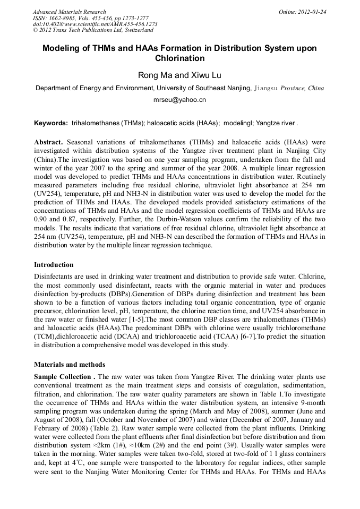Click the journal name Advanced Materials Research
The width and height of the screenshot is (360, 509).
69,12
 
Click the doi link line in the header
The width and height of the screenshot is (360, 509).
95,24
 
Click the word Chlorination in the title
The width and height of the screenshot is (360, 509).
179,58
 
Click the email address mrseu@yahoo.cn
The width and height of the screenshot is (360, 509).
179,99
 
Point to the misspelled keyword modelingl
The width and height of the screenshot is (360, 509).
237,123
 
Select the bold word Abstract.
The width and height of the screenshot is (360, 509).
49,143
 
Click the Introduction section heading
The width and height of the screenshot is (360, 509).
54,264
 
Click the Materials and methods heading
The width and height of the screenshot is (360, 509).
69,365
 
